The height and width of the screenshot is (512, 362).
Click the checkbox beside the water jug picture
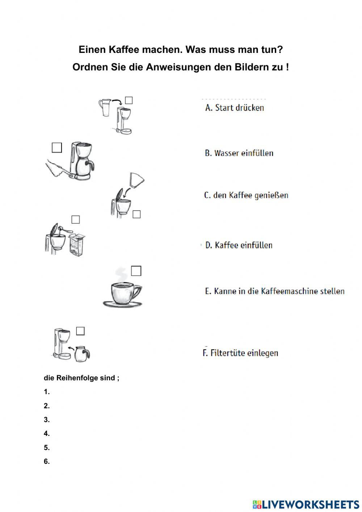point(129,100)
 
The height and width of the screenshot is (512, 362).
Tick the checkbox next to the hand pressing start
point(57,147)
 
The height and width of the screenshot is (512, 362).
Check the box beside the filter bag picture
point(136,214)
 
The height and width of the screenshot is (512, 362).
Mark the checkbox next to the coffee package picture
point(75,220)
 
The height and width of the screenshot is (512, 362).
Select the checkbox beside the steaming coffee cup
point(136,271)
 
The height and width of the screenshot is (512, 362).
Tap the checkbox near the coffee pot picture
point(80,331)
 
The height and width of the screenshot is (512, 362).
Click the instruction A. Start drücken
point(234,108)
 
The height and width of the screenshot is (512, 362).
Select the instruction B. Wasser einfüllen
point(239,153)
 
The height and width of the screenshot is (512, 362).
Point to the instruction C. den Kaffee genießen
point(246,195)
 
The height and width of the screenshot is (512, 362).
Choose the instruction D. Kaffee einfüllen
point(239,245)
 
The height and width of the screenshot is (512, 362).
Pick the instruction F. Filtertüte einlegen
point(240,353)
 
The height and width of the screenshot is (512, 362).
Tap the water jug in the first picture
point(105,108)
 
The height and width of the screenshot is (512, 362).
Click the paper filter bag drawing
point(136,180)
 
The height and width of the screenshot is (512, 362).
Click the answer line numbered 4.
point(47,433)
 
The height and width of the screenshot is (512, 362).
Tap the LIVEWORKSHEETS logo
point(306,504)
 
